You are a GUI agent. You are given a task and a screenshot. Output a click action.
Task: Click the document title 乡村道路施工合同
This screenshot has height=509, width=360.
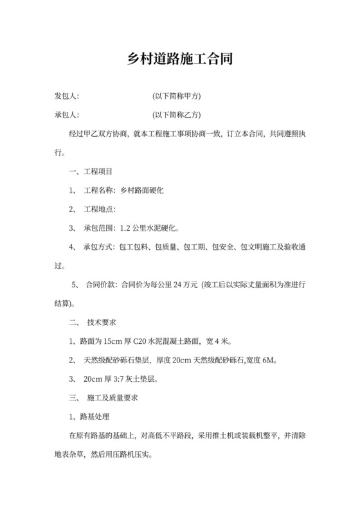coord(179,59)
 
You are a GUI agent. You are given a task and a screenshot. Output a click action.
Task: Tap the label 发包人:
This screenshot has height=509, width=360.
coord(66,96)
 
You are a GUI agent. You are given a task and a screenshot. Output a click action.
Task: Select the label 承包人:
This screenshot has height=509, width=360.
coord(66,116)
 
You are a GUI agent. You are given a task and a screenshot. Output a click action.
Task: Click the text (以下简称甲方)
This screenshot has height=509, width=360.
coord(177,96)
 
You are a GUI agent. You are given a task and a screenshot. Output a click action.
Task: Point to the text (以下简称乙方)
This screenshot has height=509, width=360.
coord(177,116)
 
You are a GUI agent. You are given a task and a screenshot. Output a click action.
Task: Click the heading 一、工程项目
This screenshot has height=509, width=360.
coord(90,172)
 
